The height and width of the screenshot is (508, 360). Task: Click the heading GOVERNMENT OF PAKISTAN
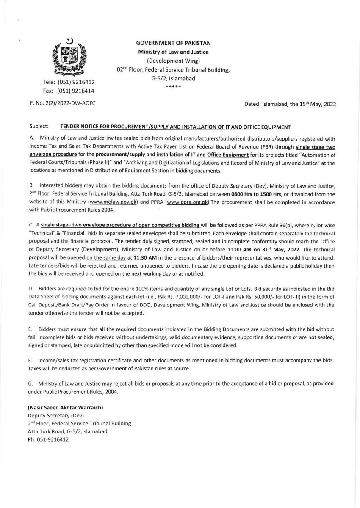(x=173, y=43)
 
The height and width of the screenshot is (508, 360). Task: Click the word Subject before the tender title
(x=39, y=126)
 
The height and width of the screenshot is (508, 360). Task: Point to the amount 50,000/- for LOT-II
(x=235, y=297)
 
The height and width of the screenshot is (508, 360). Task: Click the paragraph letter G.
(x=30, y=384)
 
